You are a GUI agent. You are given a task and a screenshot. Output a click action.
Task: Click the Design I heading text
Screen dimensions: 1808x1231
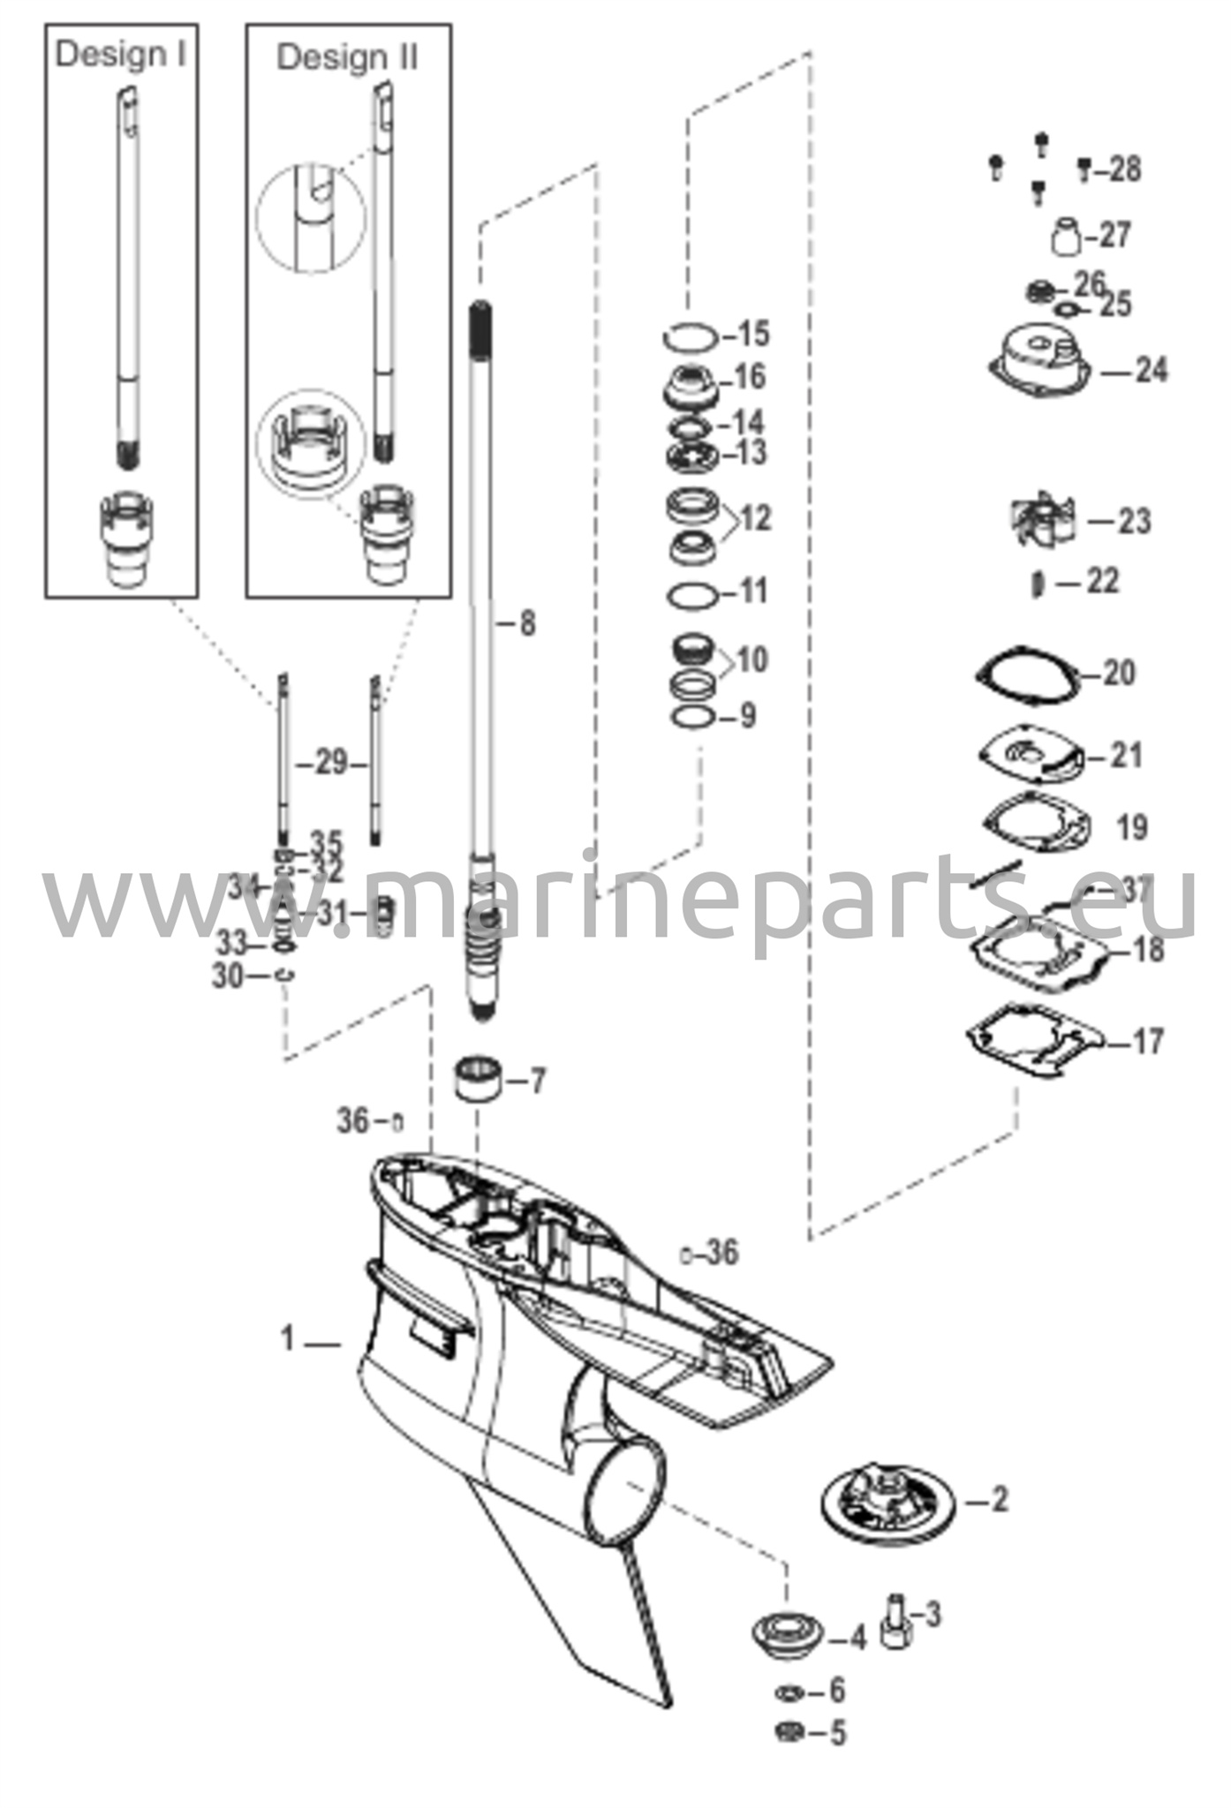121,54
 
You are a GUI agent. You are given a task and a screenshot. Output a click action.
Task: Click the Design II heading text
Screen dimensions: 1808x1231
347,57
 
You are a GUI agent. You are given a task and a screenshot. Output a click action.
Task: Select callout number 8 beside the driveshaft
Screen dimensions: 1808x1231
526,624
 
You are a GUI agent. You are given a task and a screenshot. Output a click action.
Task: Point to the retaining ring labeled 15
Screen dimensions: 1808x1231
691,336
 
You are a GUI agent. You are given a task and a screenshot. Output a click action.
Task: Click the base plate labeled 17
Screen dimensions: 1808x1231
1034,1042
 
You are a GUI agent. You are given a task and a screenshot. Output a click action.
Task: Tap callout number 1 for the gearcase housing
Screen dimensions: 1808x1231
287,1339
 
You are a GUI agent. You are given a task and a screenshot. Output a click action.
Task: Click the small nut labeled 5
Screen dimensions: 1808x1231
789,1732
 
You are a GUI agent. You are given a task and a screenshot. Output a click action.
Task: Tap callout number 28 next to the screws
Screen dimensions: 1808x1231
1124,169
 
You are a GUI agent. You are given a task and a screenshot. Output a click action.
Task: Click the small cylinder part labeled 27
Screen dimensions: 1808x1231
1067,235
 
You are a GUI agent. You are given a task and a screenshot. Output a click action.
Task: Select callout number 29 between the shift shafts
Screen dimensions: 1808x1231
331,763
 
